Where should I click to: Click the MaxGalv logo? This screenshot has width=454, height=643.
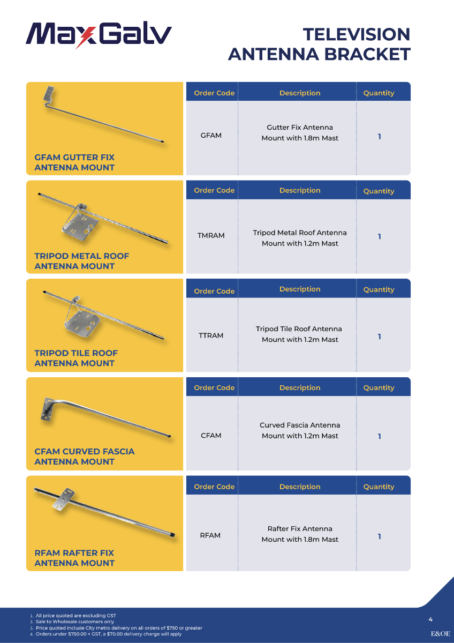pyautogui.click(x=99, y=34)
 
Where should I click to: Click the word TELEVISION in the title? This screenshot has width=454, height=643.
pyautogui.click(x=357, y=34)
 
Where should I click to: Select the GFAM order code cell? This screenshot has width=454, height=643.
pyautogui.click(x=211, y=135)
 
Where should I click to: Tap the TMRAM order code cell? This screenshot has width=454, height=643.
pyautogui.click(x=211, y=235)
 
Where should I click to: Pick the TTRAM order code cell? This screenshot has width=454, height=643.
pyautogui.click(x=211, y=335)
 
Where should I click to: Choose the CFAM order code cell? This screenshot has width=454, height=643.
pyautogui.click(x=211, y=436)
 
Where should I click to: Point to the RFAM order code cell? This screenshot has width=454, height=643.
pyautogui.click(x=210, y=535)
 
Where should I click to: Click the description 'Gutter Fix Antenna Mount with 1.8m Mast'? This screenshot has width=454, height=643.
pyautogui.click(x=300, y=133)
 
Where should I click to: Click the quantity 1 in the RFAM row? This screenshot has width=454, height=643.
pyautogui.click(x=380, y=536)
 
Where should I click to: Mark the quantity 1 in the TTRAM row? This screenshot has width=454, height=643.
pyautogui.click(x=380, y=337)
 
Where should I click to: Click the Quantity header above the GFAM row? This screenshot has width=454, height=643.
pyautogui.click(x=379, y=93)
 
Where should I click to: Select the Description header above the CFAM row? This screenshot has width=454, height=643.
pyautogui.click(x=300, y=387)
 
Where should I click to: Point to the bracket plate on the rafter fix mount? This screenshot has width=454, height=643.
pyautogui.click(x=63, y=499)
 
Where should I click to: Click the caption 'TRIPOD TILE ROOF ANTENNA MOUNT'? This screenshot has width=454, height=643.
pyautogui.click(x=76, y=358)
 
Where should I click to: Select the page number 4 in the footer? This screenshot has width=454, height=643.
pyautogui.click(x=430, y=619)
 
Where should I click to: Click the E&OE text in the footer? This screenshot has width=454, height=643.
pyautogui.click(x=440, y=633)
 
